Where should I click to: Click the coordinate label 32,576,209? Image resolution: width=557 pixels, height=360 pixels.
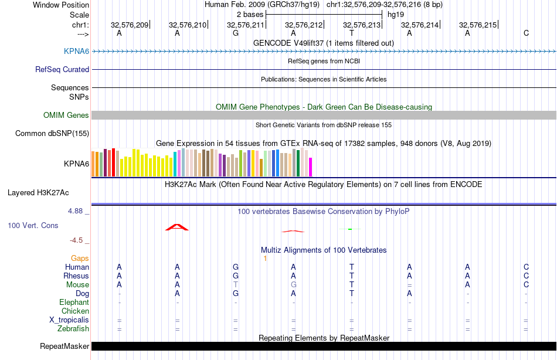(x=130, y=25)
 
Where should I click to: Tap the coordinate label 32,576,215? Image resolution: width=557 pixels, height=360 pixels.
(x=478, y=25)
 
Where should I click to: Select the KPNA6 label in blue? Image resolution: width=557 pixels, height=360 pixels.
(x=76, y=52)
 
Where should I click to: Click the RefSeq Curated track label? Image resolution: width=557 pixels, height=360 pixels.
(x=62, y=69)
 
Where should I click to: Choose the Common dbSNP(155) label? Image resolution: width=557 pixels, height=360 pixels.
(x=52, y=134)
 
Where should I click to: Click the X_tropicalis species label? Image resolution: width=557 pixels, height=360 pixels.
(x=69, y=320)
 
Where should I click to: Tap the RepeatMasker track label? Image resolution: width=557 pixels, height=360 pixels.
(x=64, y=346)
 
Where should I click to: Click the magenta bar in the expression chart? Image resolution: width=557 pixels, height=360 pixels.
(x=310, y=167)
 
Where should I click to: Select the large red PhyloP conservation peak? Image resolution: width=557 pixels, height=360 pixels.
(x=177, y=227)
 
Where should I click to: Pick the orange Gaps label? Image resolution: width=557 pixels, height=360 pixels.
(x=80, y=258)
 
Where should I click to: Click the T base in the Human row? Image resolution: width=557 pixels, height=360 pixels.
(x=352, y=267)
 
